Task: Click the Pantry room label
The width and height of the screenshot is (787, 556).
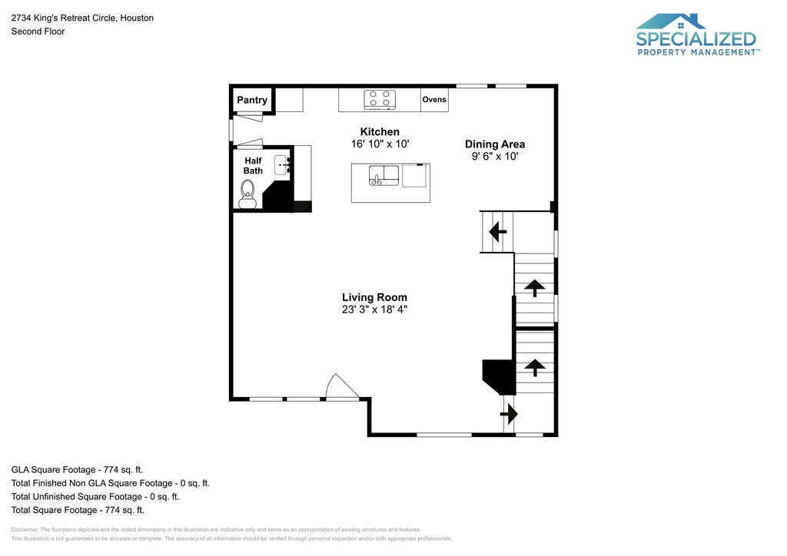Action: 252,100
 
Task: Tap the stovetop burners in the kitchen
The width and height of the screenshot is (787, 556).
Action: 380,99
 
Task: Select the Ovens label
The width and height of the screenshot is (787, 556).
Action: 434,99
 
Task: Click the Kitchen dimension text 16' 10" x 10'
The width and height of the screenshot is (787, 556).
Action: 380,144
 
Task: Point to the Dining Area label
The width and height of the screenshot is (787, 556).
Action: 495,144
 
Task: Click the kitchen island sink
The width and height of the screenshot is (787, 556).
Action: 384,175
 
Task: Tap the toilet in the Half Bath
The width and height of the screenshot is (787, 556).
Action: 247,194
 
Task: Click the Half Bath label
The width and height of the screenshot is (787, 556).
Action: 253,165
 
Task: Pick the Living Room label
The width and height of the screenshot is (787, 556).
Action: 374,297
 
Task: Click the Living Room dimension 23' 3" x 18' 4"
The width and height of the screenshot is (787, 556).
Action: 374,309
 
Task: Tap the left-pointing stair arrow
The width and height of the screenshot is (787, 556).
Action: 497,232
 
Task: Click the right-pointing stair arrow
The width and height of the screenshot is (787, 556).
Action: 509,415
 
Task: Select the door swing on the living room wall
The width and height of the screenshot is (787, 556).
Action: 342,386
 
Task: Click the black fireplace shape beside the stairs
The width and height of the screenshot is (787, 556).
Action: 499,376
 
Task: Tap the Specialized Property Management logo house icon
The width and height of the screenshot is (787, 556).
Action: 670,22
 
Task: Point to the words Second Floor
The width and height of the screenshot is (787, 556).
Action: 38,31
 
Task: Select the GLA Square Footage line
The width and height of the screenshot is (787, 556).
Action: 78,470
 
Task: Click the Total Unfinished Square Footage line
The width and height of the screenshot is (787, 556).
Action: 95,496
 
